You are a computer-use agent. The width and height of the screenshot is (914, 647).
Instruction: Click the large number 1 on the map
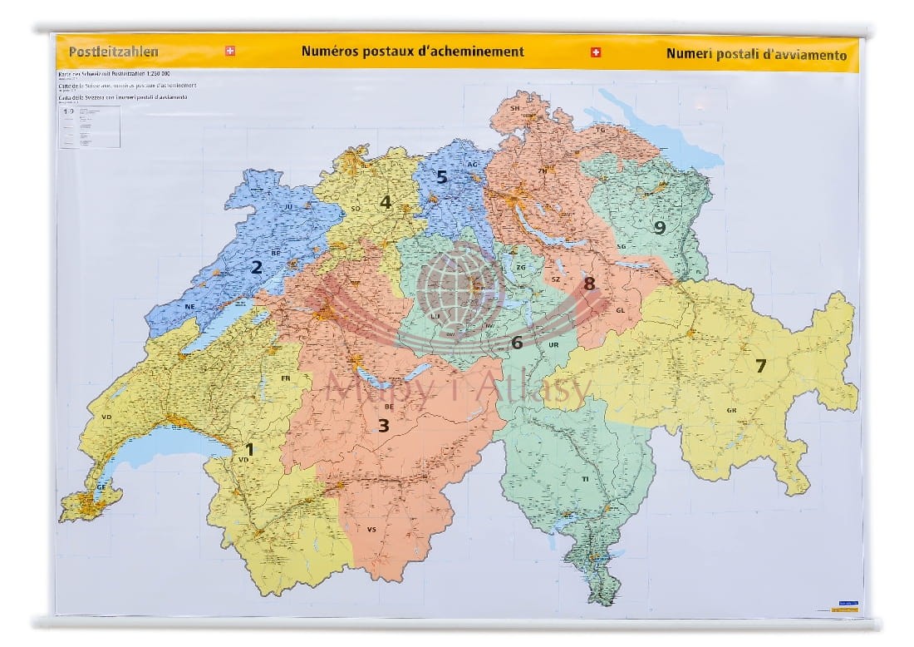[x=248, y=449]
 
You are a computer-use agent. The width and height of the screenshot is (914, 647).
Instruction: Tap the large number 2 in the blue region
[x=257, y=267]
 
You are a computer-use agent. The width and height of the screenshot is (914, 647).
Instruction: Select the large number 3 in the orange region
[x=383, y=425]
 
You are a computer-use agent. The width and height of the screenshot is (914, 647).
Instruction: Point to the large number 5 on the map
[x=442, y=176]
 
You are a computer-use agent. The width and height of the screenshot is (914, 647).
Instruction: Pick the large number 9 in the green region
[x=659, y=227]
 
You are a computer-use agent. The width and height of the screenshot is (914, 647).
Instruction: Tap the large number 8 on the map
[x=588, y=284]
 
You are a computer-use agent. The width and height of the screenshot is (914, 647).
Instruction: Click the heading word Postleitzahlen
[x=113, y=52]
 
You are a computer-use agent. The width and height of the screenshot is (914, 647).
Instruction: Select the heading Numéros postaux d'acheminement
[x=412, y=52]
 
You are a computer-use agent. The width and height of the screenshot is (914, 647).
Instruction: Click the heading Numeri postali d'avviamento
[x=756, y=55]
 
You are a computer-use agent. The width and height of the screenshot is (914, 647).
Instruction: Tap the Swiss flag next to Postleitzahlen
[x=230, y=52]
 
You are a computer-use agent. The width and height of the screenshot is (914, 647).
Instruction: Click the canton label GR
[x=731, y=410]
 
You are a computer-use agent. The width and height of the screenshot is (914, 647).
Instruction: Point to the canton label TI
[x=585, y=480]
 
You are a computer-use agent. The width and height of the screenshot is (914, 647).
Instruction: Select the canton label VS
[x=371, y=529]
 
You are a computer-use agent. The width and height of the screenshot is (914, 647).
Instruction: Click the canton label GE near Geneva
[x=102, y=486]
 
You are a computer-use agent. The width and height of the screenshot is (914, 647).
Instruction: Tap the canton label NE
[x=189, y=306]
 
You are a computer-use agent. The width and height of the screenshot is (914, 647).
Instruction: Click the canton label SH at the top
[x=514, y=108]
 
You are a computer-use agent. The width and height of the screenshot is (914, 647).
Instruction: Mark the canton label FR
[x=286, y=378]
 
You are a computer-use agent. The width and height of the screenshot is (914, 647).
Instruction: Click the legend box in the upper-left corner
[x=89, y=126]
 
